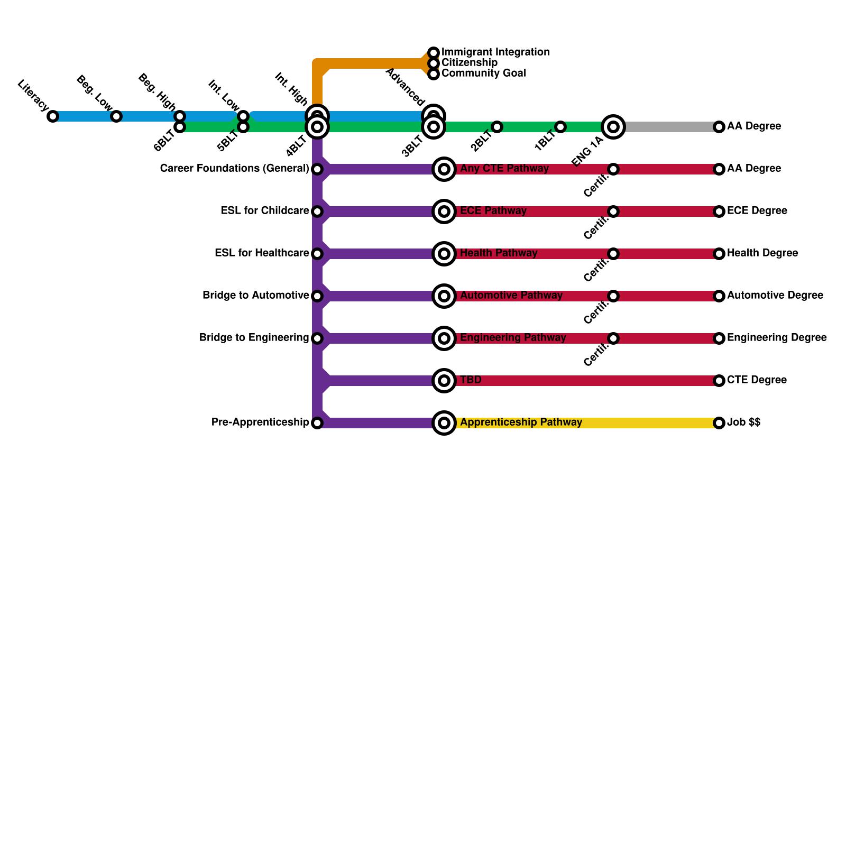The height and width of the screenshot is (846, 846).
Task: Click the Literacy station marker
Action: pyautogui.click(x=53, y=116)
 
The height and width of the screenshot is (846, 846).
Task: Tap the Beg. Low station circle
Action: pyautogui.click(x=116, y=116)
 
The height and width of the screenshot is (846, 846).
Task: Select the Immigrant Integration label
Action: pyautogui.click(x=495, y=52)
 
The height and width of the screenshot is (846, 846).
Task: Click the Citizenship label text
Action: pyautogui.click(x=469, y=63)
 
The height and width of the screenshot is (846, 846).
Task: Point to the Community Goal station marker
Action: pyautogui.click(x=434, y=74)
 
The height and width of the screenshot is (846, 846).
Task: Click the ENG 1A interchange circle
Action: pyautogui.click(x=613, y=127)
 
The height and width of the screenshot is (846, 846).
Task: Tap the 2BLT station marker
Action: pyautogui.click(x=497, y=127)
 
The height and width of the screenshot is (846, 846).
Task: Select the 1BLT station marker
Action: pyautogui.click(x=560, y=127)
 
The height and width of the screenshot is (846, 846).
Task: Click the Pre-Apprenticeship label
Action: pyautogui.click(x=260, y=422)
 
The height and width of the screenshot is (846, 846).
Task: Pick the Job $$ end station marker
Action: pyautogui.click(x=719, y=423)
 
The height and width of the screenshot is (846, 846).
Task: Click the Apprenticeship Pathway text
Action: pyautogui.click(x=521, y=422)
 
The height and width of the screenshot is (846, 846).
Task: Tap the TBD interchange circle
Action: pyautogui.click(x=444, y=381)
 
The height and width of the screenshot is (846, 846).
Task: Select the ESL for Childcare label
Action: pyautogui.click(x=264, y=211)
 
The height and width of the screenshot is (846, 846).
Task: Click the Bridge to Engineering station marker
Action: pyautogui.click(x=317, y=338)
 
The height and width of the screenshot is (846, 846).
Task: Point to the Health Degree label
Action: pyautogui.click(x=762, y=253)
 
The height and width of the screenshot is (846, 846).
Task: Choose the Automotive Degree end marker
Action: pyautogui.click(x=719, y=296)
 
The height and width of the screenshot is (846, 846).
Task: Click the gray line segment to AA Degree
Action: pyautogui.click(x=672, y=127)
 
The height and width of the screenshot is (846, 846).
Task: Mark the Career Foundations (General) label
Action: pyautogui.click(x=234, y=169)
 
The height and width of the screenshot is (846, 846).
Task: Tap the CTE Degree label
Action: pyautogui.click(x=757, y=380)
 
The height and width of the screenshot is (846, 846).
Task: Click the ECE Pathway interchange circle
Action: pyautogui.click(x=444, y=212)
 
